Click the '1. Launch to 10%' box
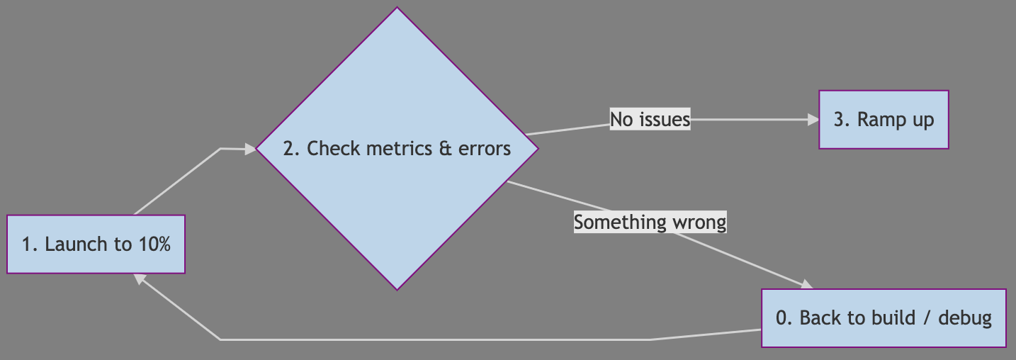tap(96, 244)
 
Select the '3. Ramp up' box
tap(884, 120)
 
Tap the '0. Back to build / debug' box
tap(884, 318)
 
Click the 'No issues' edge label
tap(650, 120)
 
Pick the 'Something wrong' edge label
tap(650, 222)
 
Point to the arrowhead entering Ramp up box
tap(813, 120)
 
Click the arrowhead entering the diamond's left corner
tap(249, 149)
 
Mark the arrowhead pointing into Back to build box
tap(806, 285)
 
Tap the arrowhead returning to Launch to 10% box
tap(141, 279)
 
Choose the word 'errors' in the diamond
tap(485, 149)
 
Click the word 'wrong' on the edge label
tap(700, 222)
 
